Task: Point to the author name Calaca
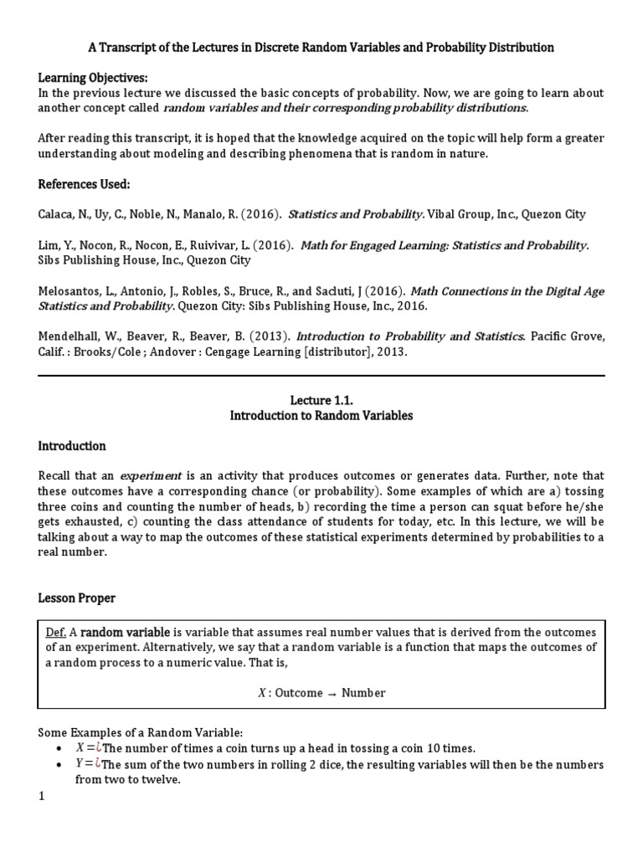[58, 214]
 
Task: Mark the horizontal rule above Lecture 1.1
[321, 376]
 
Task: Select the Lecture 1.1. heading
[321, 401]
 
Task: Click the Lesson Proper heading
[77, 598]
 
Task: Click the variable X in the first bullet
[80, 748]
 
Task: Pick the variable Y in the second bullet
[80, 765]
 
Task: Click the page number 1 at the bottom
[41, 798]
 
